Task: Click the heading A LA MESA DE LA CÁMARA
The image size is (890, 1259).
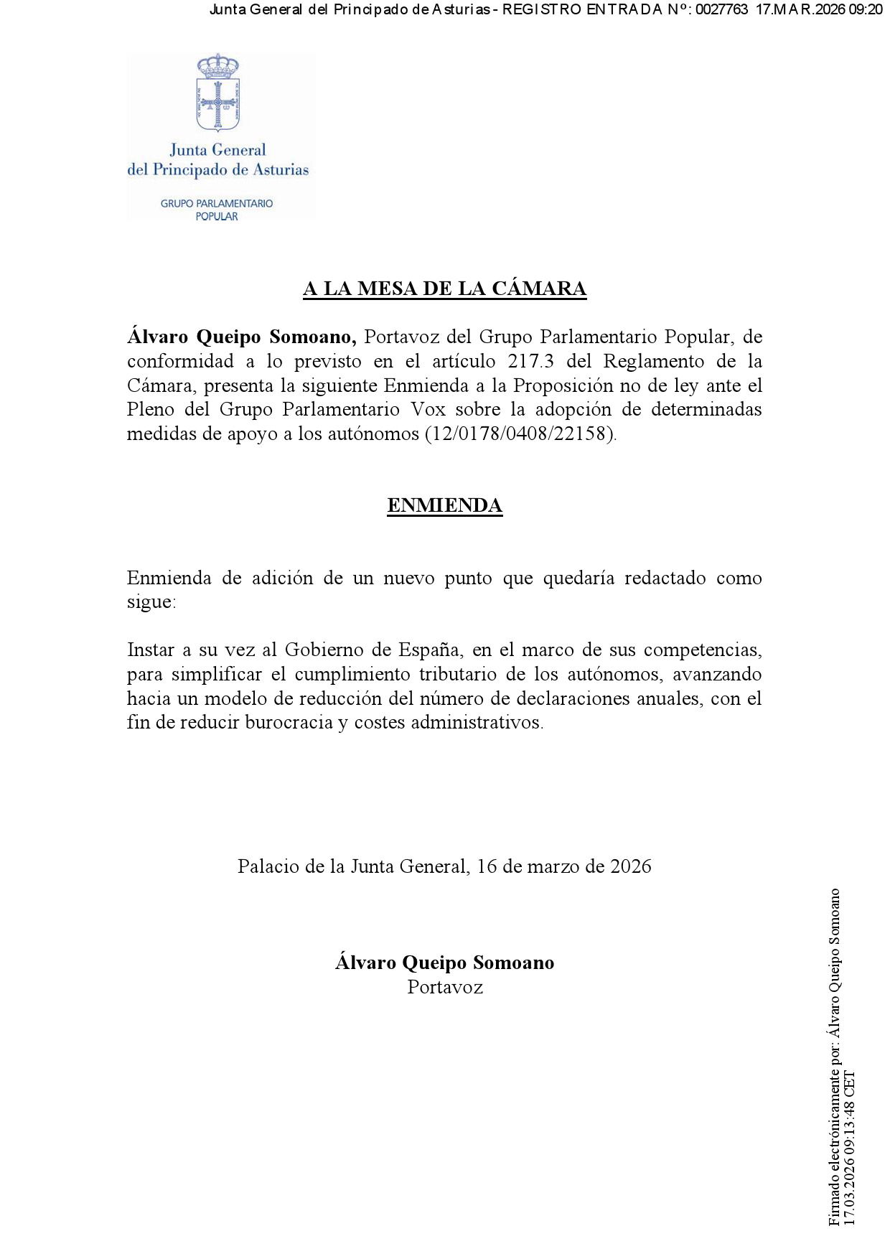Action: click(444, 289)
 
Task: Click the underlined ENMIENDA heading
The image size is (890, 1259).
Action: click(444, 505)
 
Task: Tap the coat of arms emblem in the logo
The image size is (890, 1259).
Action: click(217, 93)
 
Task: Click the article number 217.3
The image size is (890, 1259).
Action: click(530, 361)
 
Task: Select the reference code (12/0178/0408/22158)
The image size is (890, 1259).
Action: click(520, 434)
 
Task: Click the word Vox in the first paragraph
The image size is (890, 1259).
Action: click(428, 410)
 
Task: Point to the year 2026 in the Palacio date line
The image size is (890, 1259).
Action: click(630, 866)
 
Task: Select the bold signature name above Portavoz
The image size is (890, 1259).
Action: click(444, 963)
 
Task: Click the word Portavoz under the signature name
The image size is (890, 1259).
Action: click(444, 988)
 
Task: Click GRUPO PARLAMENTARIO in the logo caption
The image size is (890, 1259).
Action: click(217, 204)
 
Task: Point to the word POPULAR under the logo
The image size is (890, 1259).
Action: click(217, 217)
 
